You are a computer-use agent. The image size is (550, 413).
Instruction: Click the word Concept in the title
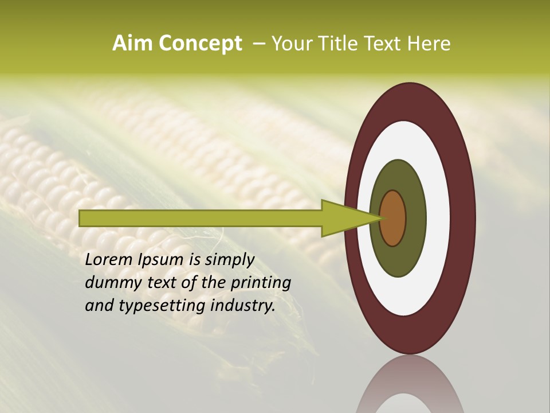pos(200,44)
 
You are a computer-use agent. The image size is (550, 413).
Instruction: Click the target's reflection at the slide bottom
pos(410,387)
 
